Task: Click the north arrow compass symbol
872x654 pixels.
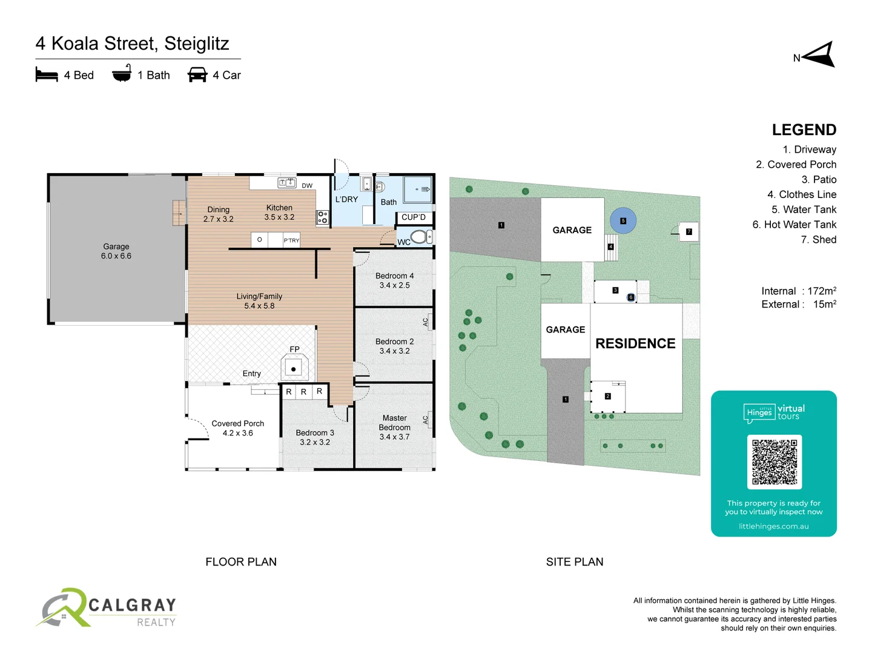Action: click(819, 56)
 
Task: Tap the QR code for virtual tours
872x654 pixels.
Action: click(774, 461)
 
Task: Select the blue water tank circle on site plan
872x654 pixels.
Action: click(623, 221)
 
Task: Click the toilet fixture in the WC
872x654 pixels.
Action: click(420, 236)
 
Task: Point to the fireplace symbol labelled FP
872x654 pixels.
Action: click(294, 367)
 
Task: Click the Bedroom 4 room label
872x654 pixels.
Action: click(394, 276)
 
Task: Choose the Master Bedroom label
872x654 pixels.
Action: click(394, 423)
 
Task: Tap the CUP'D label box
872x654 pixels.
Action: click(414, 217)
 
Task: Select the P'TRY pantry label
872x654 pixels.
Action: click(291, 240)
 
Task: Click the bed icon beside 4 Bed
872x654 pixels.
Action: click(47, 75)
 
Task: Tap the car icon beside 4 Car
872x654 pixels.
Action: click(197, 75)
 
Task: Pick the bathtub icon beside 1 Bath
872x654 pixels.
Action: click(122, 74)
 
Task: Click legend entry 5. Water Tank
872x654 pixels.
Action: click(804, 210)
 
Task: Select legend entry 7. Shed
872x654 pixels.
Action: click(818, 240)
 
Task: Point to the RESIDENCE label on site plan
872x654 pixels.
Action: click(635, 343)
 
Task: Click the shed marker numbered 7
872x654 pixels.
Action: click(689, 232)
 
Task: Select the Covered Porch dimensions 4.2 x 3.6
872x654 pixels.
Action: click(237, 433)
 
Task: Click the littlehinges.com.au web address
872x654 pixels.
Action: click(773, 526)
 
